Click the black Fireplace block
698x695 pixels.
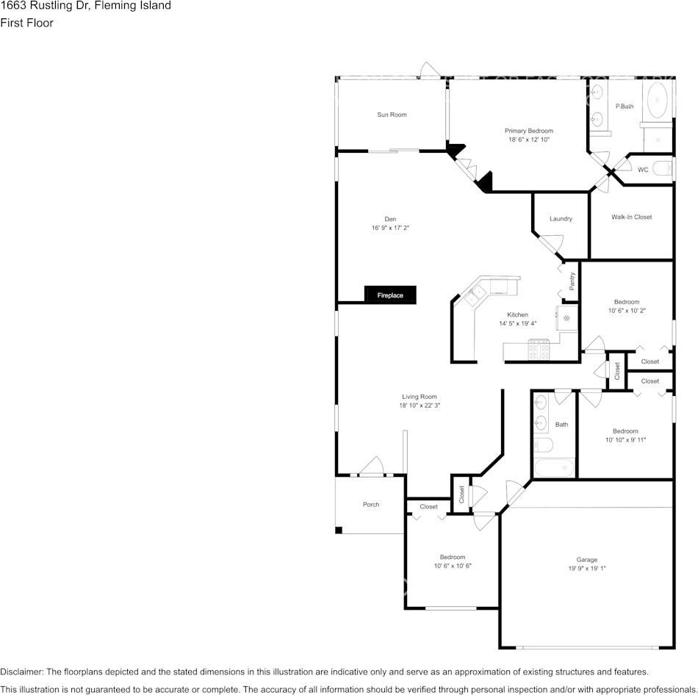[390, 295]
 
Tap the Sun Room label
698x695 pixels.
[392, 115]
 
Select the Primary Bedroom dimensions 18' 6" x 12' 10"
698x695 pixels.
[529, 140]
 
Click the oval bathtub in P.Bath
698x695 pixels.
[657, 100]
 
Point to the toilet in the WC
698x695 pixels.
[662, 169]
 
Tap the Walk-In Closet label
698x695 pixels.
[631, 217]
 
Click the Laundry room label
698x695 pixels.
[561, 219]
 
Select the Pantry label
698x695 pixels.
[572, 281]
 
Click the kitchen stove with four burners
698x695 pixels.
[539, 349]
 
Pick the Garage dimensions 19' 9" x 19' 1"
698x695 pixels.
[587, 569]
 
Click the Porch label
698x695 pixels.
[371, 505]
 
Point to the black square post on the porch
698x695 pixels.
[338, 530]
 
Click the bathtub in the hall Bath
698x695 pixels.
[554, 467]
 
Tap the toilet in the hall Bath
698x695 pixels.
[543, 444]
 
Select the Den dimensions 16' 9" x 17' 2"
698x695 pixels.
[390, 228]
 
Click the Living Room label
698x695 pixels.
[420, 397]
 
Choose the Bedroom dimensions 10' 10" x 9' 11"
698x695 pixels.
[625, 440]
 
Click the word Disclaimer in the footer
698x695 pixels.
[21, 671]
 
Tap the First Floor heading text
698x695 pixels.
[26, 23]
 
